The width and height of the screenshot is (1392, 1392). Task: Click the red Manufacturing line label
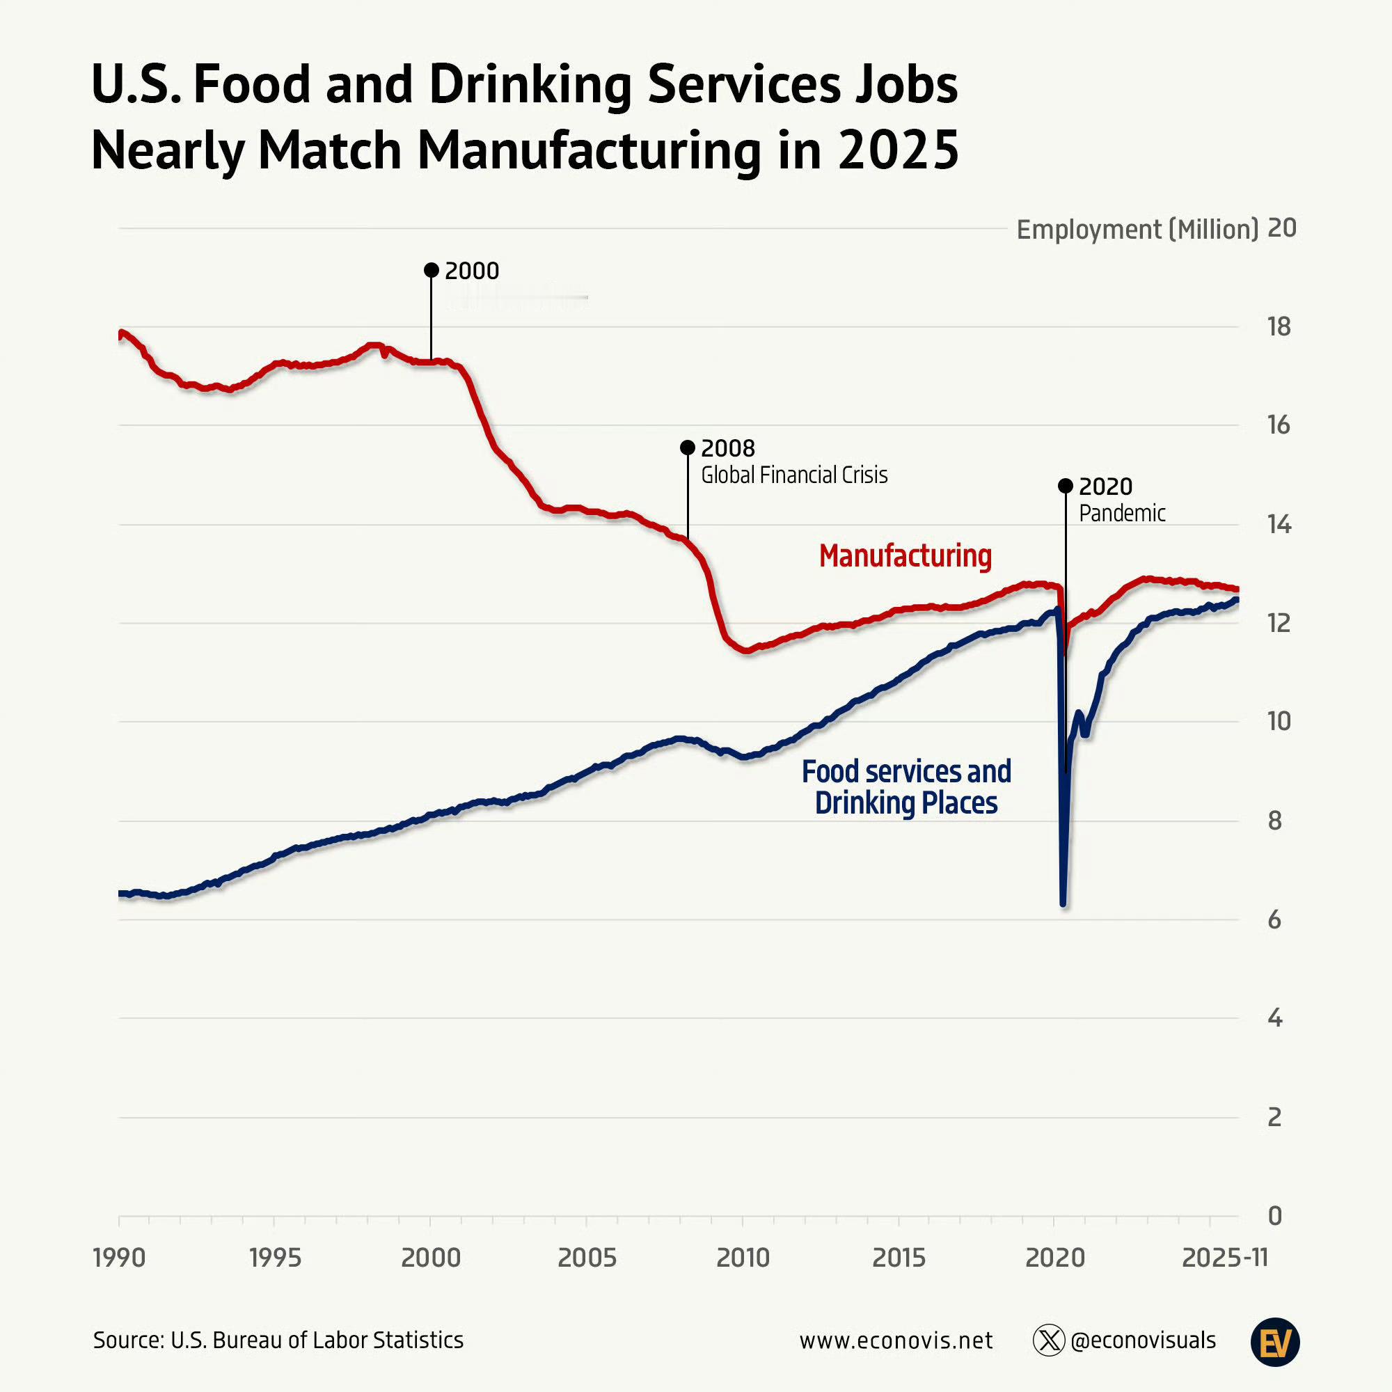pos(905,556)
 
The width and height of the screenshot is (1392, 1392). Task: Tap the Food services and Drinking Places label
pos(905,786)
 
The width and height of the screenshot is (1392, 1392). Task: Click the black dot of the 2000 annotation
pos(431,270)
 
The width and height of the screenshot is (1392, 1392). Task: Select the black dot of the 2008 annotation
pos(688,448)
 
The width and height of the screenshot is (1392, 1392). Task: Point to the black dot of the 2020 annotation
pos(1065,486)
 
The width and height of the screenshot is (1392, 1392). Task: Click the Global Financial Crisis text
pos(794,475)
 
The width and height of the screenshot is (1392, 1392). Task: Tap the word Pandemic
pos(1122,514)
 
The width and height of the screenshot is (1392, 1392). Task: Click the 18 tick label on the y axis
pos(1279,327)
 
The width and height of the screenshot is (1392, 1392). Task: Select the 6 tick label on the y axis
pos(1274,920)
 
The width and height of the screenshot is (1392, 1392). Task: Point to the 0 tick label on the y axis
pos(1274,1216)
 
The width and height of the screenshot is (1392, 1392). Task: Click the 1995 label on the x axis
pos(274,1258)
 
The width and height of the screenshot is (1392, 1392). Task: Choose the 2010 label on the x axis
pos(743,1258)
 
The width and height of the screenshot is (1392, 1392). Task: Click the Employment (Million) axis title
pos(1137,230)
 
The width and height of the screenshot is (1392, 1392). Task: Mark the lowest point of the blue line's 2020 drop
pos(1063,903)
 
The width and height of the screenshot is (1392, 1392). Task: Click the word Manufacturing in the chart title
pos(589,150)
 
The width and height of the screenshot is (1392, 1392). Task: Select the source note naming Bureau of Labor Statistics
pos(278,1340)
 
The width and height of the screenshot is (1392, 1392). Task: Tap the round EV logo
pos(1274,1343)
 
